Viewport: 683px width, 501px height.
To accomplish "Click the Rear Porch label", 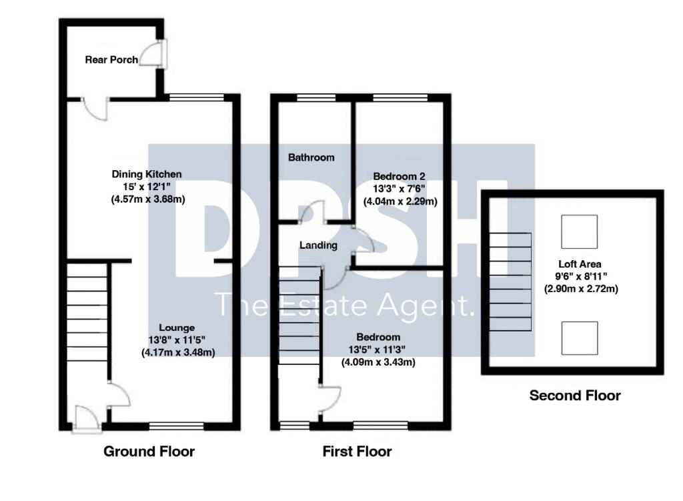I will coord(111,59).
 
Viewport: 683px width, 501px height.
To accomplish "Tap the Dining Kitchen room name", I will coord(146,174).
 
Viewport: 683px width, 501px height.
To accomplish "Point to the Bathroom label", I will coord(311,157).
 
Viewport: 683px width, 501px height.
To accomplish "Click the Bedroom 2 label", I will coord(400,176).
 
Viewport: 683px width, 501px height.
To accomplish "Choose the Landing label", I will coord(318,245).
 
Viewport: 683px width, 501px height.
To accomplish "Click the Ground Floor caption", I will coord(149,452).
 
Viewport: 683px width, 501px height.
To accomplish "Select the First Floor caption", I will coord(357,452).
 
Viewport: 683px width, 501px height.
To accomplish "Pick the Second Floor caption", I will coord(574,396).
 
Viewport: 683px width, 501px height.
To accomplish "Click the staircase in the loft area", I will coord(511,282).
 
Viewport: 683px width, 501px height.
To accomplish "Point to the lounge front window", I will coord(176,425).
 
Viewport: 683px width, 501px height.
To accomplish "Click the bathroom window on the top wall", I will coord(315,97).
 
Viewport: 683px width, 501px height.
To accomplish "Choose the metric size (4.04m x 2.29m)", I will coord(400,200).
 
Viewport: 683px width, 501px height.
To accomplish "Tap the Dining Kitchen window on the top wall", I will coord(197,97).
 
